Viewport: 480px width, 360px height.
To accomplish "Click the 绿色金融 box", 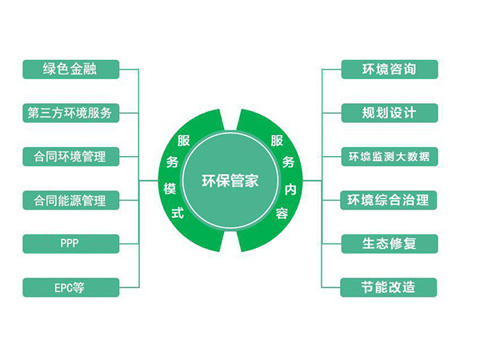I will point(70,69).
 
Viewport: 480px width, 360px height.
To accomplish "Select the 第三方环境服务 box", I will point(70,112).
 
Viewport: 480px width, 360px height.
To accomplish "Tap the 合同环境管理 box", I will point(70,156).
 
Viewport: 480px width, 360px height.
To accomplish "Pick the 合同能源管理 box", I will point(70,199).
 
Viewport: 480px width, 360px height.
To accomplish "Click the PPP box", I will point(70,243).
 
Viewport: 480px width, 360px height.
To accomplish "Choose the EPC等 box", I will point(70,286).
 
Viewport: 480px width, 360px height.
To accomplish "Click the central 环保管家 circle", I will point(230,181).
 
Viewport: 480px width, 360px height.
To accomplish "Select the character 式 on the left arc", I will point(178,214).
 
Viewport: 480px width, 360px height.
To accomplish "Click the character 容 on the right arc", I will point(282,214).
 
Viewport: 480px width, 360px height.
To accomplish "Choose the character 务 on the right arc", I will point(289,162).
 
